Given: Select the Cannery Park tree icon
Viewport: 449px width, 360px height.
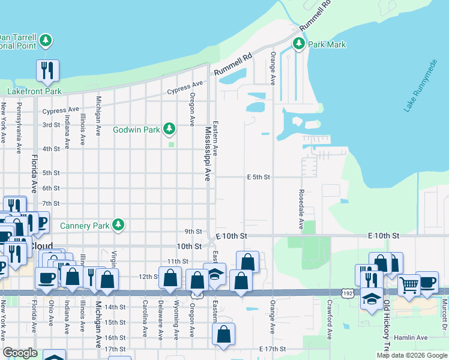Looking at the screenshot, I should pos(119,226).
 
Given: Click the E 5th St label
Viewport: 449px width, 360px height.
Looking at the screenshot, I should pos(259,177).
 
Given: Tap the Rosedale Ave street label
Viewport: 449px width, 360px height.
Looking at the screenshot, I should pos(301,209).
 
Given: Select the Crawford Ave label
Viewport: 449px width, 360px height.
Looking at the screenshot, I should pos(330,325).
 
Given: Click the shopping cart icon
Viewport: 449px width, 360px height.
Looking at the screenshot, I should pos(409,284).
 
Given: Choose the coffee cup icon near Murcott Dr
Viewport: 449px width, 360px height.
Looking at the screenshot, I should pos(427,282).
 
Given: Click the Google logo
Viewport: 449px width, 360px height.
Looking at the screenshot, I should pos(20,353).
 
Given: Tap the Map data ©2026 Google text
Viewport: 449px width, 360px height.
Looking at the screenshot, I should pos(411,355).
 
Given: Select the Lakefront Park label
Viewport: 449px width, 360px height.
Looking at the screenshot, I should pos(34,91).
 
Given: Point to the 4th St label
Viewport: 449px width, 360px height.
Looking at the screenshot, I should pos(51,149).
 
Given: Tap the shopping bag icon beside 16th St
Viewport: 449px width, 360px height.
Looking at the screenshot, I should pos(223,335).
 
